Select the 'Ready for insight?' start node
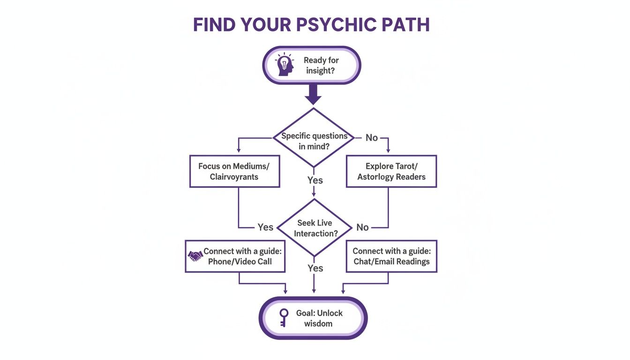pos(311,66)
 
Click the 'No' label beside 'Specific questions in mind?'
pos(372,137)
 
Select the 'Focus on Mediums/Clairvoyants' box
pos(234,172)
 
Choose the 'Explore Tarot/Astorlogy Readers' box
pos(391,172)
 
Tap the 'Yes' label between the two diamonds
pos(315,180)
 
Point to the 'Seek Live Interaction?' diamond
pos(315,228)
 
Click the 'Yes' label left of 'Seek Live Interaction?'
pos(265,227)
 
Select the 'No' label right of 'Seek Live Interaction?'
pos(362,227)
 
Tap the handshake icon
pos(195,256)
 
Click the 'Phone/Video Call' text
pos(240,262)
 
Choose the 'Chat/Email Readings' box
pos(391,256)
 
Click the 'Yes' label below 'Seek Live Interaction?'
pos(315,268)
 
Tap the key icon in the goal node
pos(284,318)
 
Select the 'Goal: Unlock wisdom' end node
pos(313,318)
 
